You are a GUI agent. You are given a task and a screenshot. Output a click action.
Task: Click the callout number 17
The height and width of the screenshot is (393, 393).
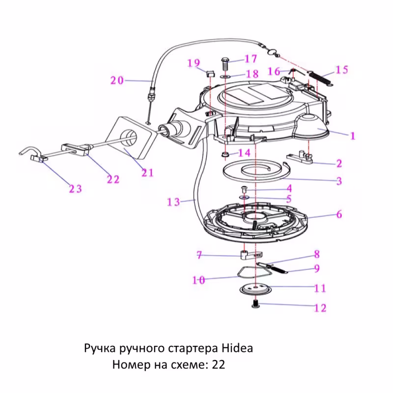(251, 59)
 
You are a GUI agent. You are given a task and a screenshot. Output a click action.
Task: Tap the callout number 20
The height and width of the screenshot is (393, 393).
(117, 80)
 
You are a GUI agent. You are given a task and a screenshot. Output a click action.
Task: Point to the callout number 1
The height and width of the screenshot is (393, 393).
(352, 136)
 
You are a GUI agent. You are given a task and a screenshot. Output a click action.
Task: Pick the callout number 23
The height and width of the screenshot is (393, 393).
(75, 189)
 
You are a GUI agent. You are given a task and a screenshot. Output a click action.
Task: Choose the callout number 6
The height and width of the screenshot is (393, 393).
(339, 215)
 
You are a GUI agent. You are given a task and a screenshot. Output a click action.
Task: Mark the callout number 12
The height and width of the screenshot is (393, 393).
(320, 308)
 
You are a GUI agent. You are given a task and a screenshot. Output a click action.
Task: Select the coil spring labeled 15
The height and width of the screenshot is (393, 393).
(322, 78)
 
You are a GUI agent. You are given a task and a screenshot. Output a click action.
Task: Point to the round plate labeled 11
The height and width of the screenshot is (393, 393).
(254, 288)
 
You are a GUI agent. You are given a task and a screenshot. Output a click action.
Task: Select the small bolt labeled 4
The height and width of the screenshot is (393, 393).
(244, 188)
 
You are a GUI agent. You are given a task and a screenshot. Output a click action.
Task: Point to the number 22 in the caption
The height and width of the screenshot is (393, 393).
(219, 365)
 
